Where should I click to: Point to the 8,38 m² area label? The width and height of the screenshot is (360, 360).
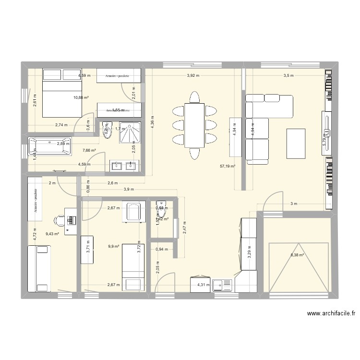(x=297, y=255)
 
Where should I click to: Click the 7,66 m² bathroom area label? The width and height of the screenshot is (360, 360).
(x=89, y=150)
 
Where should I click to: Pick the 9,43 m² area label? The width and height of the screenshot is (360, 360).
(x=52, y=234)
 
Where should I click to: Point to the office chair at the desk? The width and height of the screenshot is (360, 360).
(x=60, y=220)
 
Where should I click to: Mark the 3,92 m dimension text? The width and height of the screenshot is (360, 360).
(x=194, y=75)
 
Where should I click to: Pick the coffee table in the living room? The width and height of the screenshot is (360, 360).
(x=295, y=143)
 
